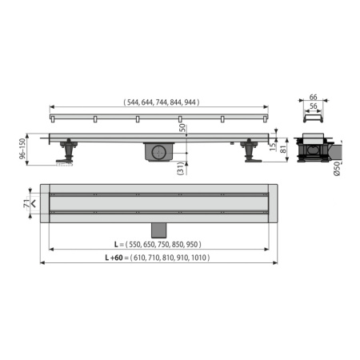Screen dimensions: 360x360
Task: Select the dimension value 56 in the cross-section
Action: coord(313,106)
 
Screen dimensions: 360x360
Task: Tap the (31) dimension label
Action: coord(181,167)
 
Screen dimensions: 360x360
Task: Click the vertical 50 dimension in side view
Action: coord(181,128)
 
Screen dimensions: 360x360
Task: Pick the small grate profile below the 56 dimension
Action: coord(313,121)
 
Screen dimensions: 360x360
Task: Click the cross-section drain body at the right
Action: coord(314,150)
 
